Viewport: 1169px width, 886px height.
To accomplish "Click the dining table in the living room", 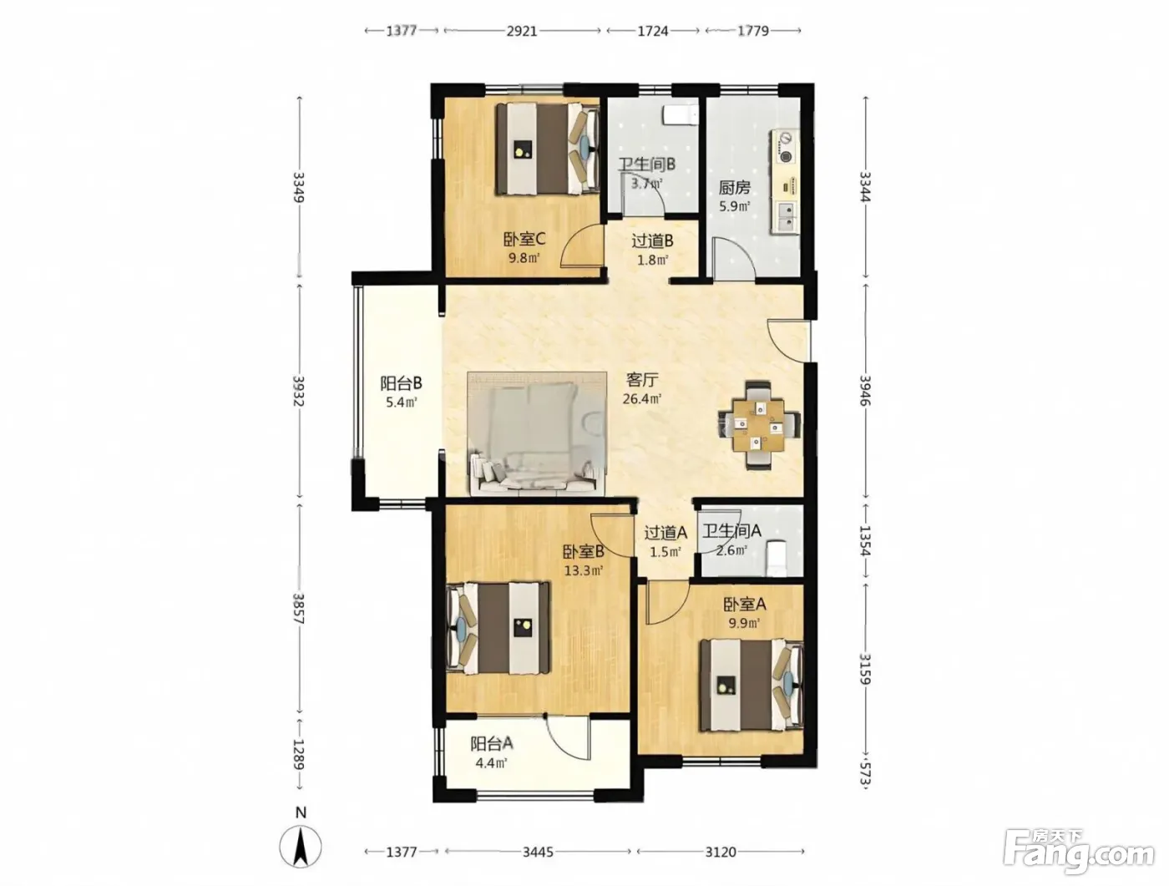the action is pos(759,425).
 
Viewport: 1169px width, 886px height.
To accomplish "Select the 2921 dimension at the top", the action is pos(521,31).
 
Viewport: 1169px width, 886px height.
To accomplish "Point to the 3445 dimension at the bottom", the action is pos(538,853).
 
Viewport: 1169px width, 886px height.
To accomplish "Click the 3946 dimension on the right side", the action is pos(865,390).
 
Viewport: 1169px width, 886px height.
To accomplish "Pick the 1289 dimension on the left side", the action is pos(299,755).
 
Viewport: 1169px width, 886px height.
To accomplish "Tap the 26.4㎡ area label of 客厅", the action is pos(642,398).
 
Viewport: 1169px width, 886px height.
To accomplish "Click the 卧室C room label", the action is pos(524,239).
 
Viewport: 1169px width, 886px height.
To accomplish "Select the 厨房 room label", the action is pos(735,187).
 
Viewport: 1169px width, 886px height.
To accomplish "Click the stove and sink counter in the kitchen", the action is pos(785,181).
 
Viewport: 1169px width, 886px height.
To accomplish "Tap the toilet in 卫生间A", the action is pos(776,558).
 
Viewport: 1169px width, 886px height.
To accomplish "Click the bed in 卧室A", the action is pos(751,685).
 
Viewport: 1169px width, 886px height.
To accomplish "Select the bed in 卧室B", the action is pos(498,628).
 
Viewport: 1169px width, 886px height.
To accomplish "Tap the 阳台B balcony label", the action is pos(401,382).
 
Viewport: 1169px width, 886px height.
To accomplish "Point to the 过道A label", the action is pos(665,533).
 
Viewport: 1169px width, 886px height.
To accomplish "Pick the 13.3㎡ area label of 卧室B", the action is pos(584,571).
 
